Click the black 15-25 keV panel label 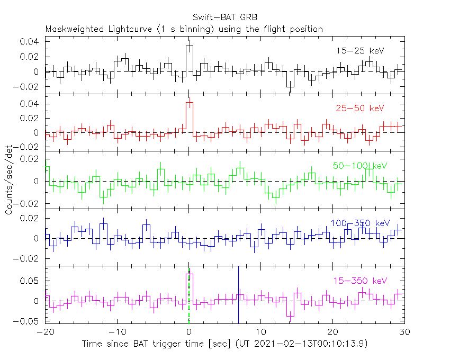pyautogui.click(x=359, y=51)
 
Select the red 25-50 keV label pyautogui.click(x=359, y=108)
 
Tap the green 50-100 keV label pyautogui.click(x=360, y=166)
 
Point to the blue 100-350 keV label pyautogui.click(x=359, y=223)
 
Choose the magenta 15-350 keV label pyautogui.click(x=359, y=280)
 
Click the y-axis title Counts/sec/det pyautogui.click(x=9, y=182)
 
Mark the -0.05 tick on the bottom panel pyautogui.click(x=29, y=321)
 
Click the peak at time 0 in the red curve pyautogui.click(x=189, y=102)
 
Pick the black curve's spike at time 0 pyautogui.click(x=189, y=46)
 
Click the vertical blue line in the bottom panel pyautogui.click(x=238, y=296)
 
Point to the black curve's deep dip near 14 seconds pyautogui.click(x=290, y=87)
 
